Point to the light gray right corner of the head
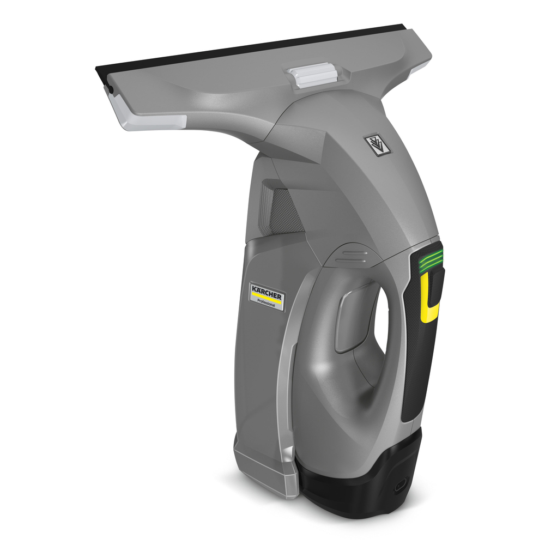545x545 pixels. coord(423,66)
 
